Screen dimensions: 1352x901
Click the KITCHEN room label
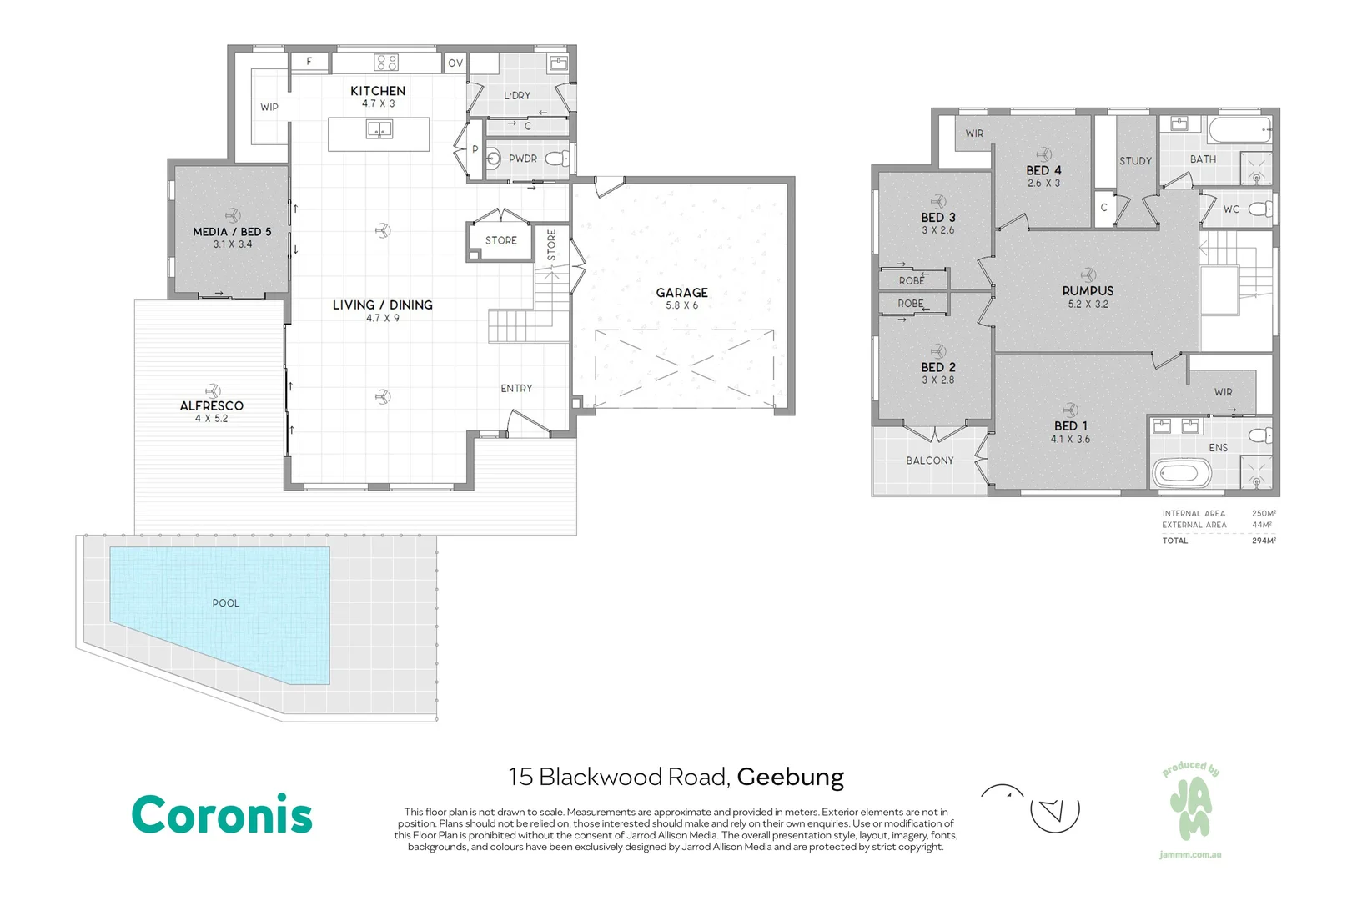coord(378,91)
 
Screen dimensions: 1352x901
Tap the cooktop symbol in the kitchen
coord(385,63)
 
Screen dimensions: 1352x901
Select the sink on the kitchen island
coord(379,128)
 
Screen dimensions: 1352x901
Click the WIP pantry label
coord(269,107)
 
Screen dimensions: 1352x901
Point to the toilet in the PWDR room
coord(557,159)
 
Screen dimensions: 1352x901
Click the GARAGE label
coord(682,292)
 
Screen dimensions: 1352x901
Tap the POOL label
coord(226,602)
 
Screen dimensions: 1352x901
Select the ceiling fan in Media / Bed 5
coord(233,215)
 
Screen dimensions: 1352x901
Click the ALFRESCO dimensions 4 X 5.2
coord(211,418)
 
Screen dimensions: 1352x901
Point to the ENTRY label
coord(516,388)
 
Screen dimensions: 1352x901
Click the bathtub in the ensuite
coord(1182,474)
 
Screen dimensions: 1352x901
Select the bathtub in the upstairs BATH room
coord(1240,130)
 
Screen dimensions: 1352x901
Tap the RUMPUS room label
coord(1088,290)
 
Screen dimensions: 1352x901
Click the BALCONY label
coord(929,461)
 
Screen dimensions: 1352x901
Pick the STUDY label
coord(1135,161)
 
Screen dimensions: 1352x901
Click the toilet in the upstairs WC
coord(1260,209)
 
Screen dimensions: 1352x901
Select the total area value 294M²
coord(1264,541)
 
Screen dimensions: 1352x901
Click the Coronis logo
coord(222,813)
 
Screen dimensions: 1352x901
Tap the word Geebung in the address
coord(790,778)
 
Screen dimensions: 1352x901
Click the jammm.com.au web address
coord(1190,854)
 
